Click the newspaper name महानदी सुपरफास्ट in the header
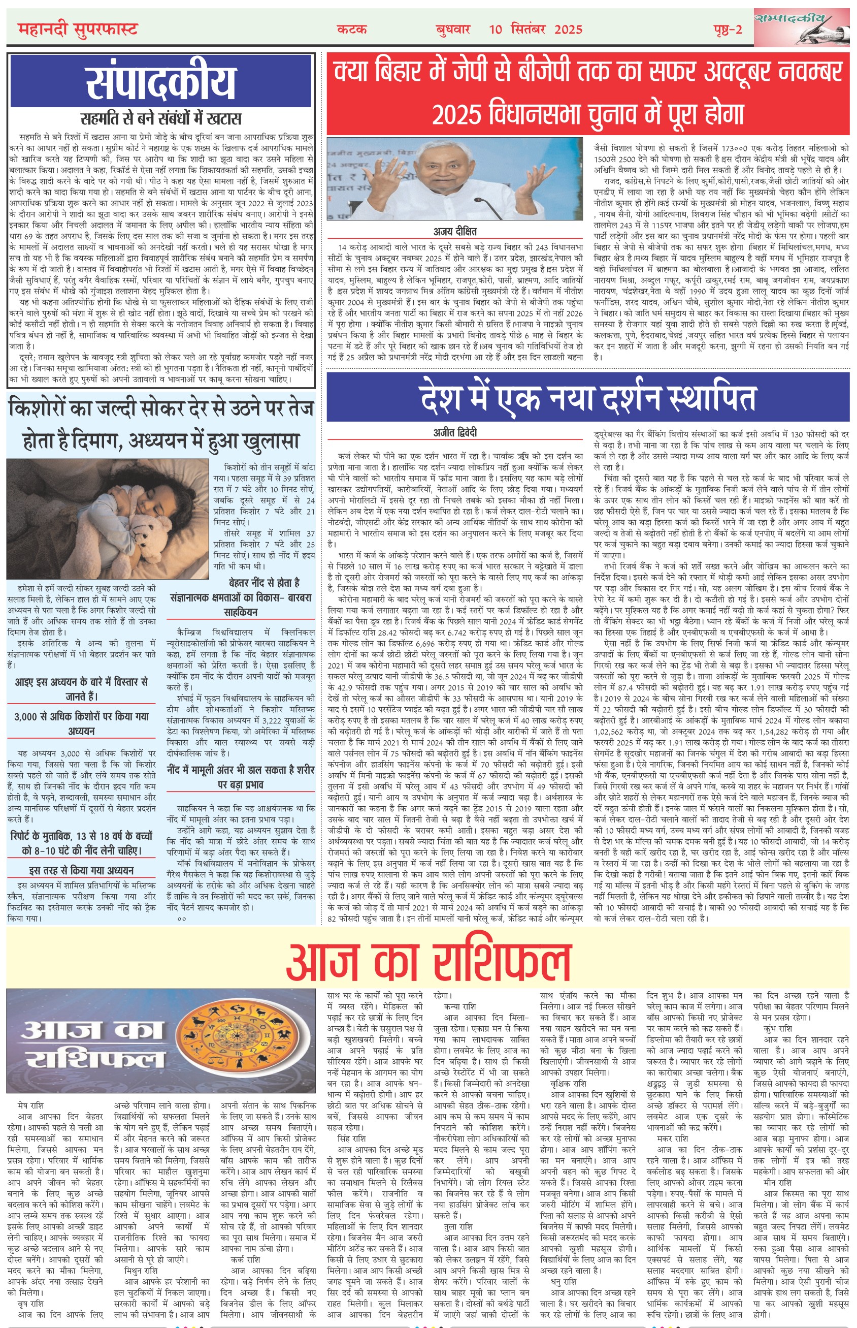point(77,29)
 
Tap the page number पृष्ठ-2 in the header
point(728,29)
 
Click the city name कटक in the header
point(352,29)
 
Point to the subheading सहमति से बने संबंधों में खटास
point(161,118)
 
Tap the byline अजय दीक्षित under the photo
point(455,231)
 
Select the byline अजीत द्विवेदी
point(455,433)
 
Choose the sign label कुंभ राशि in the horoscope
point(777,1028)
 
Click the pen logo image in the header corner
point(802,27)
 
